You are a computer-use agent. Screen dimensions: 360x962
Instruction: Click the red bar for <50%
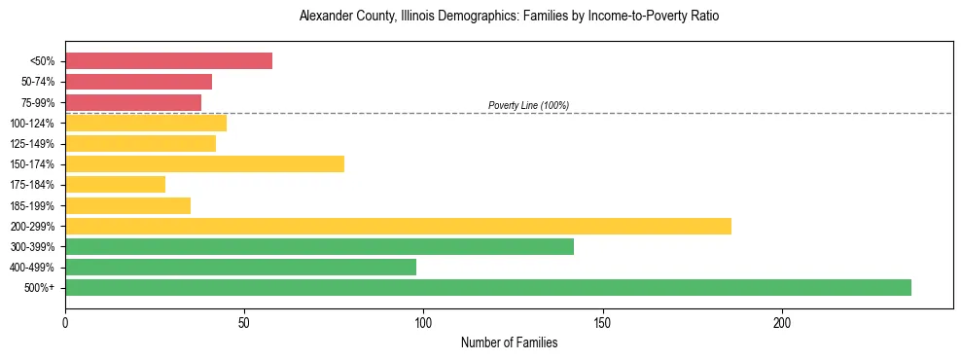pos(168,61)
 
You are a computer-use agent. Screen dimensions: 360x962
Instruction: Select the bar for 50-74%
pos(138,82)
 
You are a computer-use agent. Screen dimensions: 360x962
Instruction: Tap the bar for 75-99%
pos(133,102)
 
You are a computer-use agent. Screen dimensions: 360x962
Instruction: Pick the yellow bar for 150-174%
pos(204,163)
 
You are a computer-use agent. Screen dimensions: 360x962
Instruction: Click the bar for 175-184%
pos(115,184)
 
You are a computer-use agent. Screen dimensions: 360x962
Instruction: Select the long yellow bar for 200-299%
pos(398,226)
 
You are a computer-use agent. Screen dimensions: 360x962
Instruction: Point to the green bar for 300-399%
pos(319,246)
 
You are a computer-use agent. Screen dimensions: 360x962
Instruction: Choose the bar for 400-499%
pos(240,267)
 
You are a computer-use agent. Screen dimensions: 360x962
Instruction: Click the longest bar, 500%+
pos(487,287)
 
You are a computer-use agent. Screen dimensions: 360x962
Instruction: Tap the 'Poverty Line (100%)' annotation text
pos(528,105)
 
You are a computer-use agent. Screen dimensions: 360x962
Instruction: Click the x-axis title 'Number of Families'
pos(509,343)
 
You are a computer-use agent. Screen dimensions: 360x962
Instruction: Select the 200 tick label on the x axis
pos(782,320)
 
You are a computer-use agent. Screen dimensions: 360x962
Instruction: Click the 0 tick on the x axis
pos(65,320)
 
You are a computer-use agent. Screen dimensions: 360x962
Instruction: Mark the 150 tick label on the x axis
pos(603,320)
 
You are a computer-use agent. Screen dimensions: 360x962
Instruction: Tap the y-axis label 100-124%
pos(32,124)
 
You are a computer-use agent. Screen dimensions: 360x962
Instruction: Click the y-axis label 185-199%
pos(32,205)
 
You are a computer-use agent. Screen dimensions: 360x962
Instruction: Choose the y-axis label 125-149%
pos(32,144)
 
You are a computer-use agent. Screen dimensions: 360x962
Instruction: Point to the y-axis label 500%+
pos(39,288)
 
